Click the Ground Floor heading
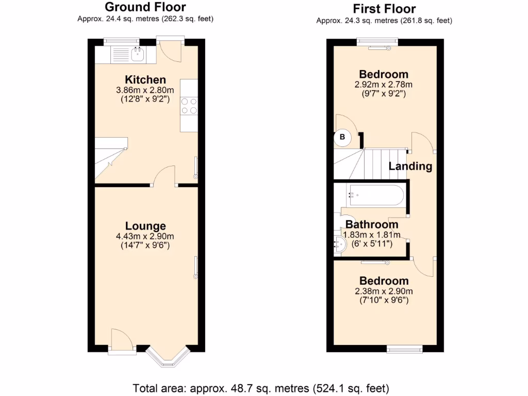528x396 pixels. tap(145, 7)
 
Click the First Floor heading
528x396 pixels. tap(384, 9)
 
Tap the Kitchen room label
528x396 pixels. tap(145, 80)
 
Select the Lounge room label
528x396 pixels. tap(145, 226)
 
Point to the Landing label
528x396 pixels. tap(410, 166)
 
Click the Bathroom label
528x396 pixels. tap(372, 225)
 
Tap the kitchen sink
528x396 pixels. tap(138, 54)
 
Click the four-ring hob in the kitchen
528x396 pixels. tap(189, 106)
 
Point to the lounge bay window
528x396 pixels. tap(168, 356)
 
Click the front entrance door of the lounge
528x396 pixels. tap(122, 343)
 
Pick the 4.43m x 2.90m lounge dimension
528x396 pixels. tap(145, 237)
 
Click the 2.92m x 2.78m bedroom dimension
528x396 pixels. tap(384, 85)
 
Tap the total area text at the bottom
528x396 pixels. tap(261, 388)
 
